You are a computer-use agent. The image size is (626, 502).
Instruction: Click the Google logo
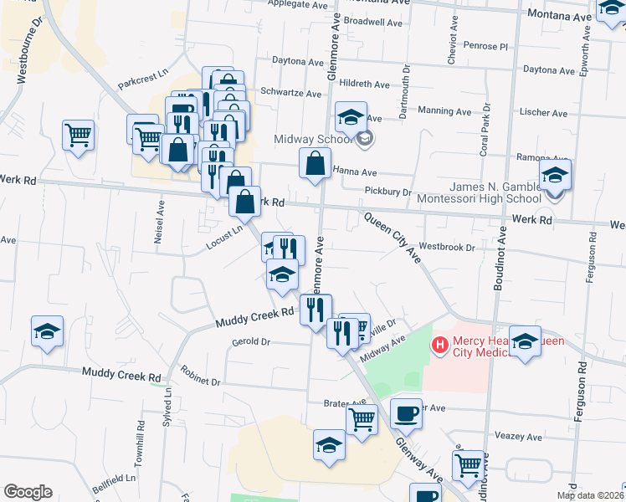28,492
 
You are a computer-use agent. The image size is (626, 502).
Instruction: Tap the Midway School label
315,139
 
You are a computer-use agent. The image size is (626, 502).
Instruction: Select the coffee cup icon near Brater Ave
406,412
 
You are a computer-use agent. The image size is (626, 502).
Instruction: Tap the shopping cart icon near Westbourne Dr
78,134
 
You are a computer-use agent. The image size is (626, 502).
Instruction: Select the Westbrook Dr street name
447,248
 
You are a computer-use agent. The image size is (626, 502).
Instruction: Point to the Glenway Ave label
418,456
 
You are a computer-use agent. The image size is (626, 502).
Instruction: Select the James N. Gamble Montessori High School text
495,192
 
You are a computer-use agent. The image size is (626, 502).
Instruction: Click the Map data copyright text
588,495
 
